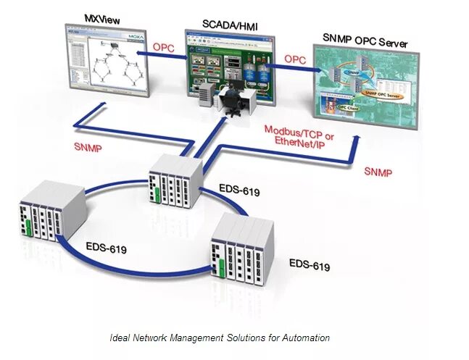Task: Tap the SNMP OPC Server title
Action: (x=365, y=43)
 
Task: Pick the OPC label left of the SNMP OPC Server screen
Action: (x=294, y=59)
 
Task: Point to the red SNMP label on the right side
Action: (x=378, y=172)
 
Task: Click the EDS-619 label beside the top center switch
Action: (x=239, y=192)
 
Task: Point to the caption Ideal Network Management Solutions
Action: (x=220, y=338)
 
